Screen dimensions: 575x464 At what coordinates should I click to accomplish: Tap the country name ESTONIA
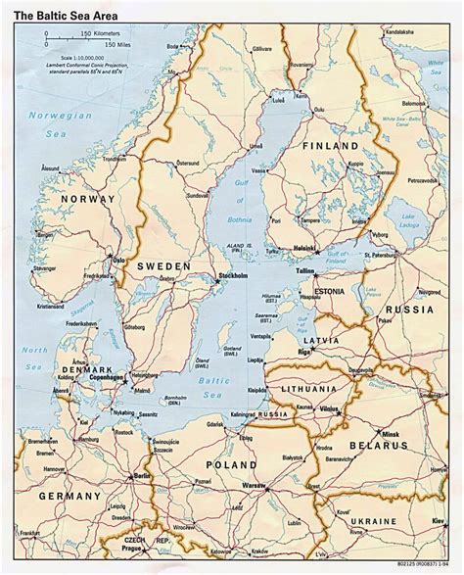[336, 291]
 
